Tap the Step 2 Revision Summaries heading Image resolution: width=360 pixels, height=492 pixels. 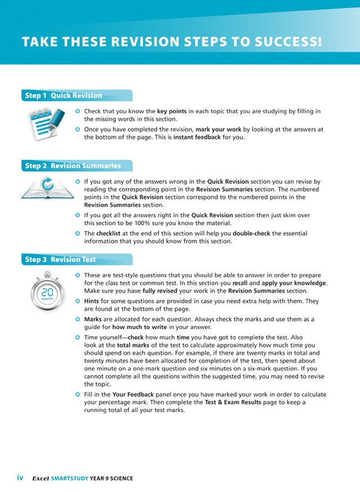pos(73,166)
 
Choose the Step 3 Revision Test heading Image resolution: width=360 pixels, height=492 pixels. pos(60,260)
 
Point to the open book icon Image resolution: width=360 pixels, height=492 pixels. pos(46,189)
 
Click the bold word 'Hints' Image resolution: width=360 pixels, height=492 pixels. pos(93,301)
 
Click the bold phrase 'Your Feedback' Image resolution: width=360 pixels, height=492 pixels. pos(128,395)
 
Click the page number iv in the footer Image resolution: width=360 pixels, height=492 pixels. pos(20,479)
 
